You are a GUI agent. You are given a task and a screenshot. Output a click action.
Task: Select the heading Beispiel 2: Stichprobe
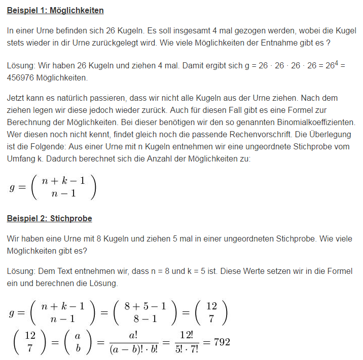click(49, 218)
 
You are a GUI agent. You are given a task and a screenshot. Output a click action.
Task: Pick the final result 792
click(222, 342)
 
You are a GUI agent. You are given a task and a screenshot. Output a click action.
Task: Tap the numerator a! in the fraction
click(134, 335)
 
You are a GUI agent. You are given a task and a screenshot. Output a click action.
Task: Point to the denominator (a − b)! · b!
click(134, 349)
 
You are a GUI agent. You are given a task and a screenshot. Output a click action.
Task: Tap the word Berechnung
click(29, 123)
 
